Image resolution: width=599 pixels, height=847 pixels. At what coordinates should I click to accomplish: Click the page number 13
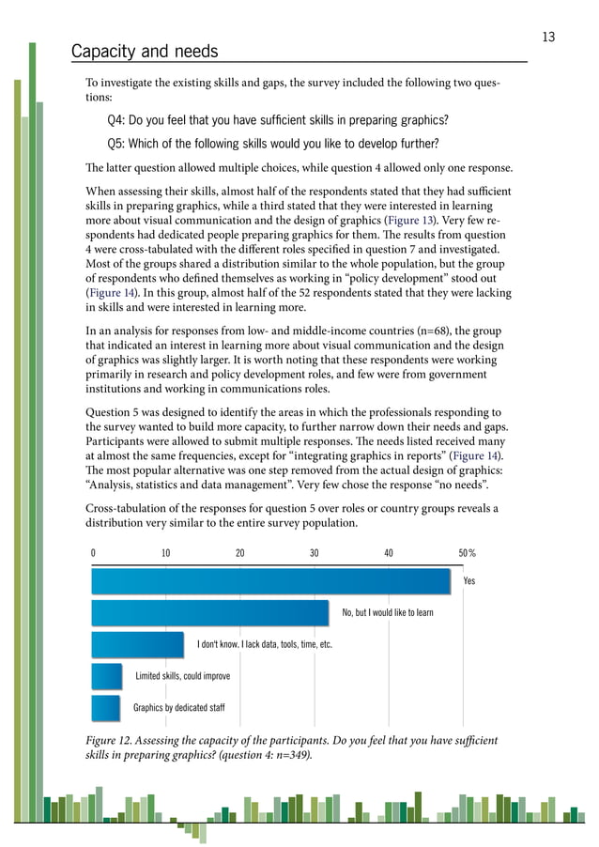tap(548, 38)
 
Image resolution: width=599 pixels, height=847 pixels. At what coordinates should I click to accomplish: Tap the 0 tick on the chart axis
tap(93, 553)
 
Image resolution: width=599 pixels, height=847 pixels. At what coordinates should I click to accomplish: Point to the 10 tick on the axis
tap(165, 553)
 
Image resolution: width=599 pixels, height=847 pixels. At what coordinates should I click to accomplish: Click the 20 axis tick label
tap(239, 553)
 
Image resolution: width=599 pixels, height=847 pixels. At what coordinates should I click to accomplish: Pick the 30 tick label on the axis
tap(314, 553)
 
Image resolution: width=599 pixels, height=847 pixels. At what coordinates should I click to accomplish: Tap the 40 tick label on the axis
tap(388, 553)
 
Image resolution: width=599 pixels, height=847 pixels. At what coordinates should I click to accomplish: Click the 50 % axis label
tap(467, 553)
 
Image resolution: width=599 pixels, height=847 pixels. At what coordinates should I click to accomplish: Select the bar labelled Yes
tap(270, 580)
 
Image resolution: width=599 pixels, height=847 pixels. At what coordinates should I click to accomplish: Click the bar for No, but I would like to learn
tap(209, 612)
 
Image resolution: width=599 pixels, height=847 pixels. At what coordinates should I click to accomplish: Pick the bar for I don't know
tap(137, 644)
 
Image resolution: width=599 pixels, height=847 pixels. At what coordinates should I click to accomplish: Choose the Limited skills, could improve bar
tap(107, 676)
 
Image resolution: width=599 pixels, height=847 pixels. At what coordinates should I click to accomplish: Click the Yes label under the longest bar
tap(469, 581)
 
